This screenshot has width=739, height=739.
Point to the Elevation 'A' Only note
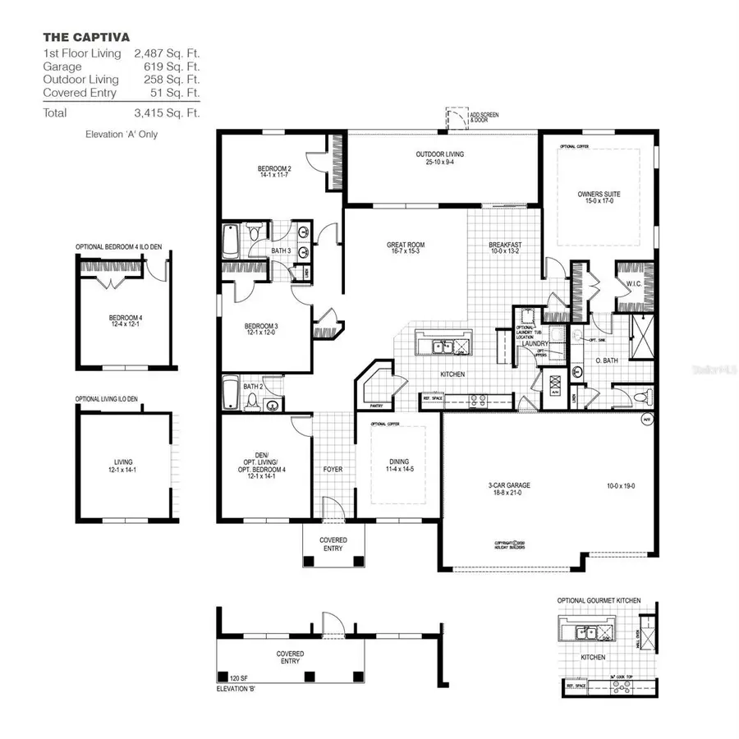[122, 134]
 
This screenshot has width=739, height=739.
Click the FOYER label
[333, 469]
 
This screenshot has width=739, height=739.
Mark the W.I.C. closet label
[634, 284]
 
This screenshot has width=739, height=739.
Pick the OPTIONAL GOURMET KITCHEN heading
[599, 601]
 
